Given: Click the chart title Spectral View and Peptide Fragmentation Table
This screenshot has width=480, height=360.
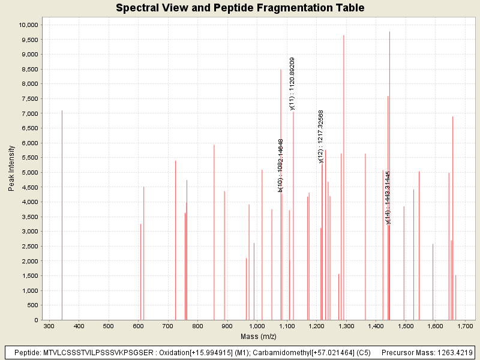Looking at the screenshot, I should [240, 8].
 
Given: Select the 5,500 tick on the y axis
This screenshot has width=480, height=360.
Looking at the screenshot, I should [28, 158].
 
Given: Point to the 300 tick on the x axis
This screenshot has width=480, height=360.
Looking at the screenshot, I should [49, 326].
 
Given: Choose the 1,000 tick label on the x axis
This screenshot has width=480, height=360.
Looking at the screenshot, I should [257, 326].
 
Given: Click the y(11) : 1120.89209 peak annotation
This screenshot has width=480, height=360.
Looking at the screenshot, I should [292, 83].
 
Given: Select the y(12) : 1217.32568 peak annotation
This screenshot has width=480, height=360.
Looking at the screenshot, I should [321, 136].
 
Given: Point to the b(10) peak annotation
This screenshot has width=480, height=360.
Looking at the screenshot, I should [280, 165].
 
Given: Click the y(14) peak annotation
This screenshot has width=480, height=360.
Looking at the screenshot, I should [388, 197].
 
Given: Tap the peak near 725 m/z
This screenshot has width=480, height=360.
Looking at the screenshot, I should [176, 240].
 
